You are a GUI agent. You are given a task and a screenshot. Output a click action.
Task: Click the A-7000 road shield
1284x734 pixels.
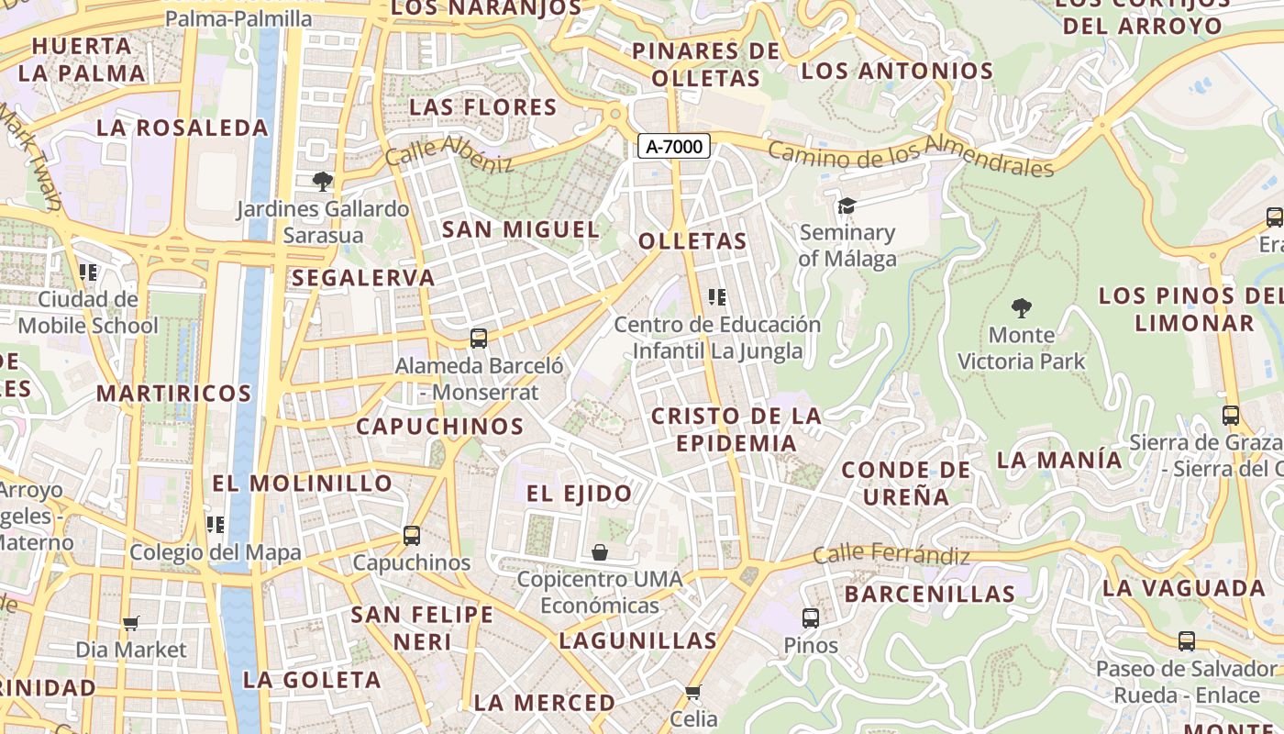coord(674,146)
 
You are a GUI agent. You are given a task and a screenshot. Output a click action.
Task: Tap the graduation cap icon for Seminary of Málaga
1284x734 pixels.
coord(846,206)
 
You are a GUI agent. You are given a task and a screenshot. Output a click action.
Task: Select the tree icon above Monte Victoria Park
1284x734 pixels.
coord(1021,308)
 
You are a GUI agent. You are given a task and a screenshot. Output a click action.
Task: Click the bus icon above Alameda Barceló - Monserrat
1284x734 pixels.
coord(478,339)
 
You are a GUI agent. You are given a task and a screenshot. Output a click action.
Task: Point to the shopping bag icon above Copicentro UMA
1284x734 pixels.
coord(599,552)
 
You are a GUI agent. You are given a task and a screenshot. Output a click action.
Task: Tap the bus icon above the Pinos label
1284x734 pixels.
coord(810,618)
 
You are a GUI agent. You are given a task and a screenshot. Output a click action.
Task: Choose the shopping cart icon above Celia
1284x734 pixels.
coord(693,691)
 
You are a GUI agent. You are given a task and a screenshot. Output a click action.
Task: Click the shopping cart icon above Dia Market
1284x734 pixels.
coord(130,623)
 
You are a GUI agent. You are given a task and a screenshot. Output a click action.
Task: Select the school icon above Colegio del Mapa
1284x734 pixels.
coord(215,525)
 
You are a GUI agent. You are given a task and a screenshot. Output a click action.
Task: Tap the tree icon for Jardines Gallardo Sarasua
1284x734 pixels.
coord(321,181)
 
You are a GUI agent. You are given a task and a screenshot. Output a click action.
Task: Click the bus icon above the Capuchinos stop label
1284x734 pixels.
coord(412,535)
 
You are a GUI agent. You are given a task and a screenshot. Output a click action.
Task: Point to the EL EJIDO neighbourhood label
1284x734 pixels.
coord(579,494)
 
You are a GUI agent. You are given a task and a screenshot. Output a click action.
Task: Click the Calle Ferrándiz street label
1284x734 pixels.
coord(891,555)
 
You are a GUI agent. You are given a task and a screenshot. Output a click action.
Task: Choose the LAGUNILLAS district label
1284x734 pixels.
coord(638,640)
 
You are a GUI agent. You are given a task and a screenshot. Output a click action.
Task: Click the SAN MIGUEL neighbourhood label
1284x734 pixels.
coord(520,229)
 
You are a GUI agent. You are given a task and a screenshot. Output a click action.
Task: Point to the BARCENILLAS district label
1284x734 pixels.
coord(929,594)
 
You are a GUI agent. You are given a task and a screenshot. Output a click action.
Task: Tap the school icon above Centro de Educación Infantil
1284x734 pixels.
coord(717,297)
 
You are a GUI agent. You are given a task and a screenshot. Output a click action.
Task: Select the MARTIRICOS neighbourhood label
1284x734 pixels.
coord(174,394)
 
